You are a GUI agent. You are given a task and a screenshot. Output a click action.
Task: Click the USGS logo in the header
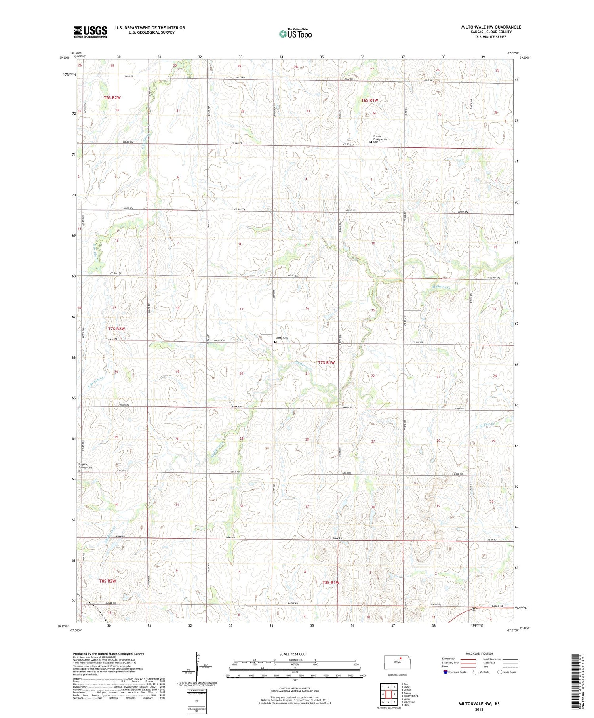pos(90,31)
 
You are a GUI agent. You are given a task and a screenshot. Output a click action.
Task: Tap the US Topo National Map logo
pos(295,34)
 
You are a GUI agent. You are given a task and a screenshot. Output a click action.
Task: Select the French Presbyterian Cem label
pos(380,139)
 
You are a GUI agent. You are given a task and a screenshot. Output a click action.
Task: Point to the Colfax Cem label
pos(282,338)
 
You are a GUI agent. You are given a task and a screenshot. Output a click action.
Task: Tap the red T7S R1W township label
pos(326,362)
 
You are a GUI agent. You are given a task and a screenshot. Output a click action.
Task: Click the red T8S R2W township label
pos(108,581)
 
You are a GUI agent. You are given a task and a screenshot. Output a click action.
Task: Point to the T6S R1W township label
pos(369,101)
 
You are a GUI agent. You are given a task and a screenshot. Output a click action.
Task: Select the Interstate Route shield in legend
pos(446,672)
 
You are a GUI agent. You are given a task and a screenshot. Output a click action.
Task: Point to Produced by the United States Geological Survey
pos(108,654)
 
